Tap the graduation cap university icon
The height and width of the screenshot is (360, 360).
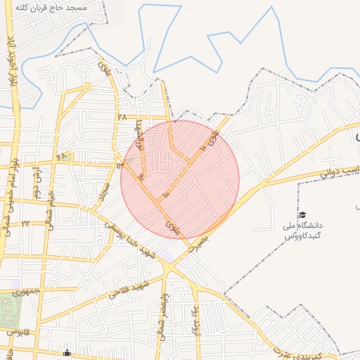pyautogui.click(x=302, y=215)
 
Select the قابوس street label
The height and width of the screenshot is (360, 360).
pyautogui.click(x=18, y=330)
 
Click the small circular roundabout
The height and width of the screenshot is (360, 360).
pyautogui.click(x=87, y=88)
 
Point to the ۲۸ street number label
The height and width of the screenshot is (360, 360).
pyautogui.click(x=122, y=117)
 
